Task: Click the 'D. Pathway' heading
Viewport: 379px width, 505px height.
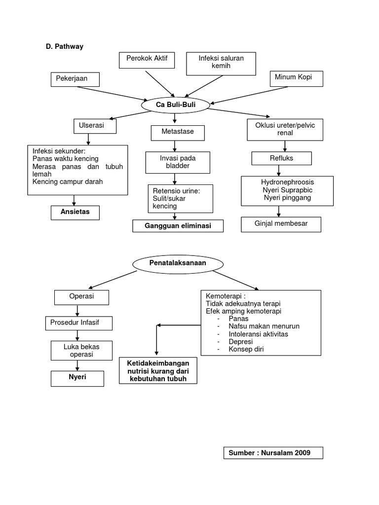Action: point(65,46)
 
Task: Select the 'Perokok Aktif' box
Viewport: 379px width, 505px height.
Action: point(147,60)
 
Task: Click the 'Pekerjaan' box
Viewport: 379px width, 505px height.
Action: point(75,79)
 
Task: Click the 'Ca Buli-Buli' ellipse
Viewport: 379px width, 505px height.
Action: point(175,105)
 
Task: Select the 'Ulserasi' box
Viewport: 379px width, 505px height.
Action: point(95,126)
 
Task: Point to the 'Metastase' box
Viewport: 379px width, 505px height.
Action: point(178,133)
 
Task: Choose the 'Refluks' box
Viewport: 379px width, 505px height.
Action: point(282,158)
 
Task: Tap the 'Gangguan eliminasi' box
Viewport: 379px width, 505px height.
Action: point(178,226)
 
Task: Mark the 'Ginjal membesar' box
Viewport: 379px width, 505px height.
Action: point(281,224)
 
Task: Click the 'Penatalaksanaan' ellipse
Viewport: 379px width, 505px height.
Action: point(177,264)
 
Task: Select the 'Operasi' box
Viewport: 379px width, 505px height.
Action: point(81,297)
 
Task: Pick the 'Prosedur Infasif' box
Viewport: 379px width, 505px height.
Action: point(78,324)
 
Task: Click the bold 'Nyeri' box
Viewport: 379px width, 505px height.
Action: point(77,378)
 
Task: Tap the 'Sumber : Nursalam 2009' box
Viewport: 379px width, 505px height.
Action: point(273,453)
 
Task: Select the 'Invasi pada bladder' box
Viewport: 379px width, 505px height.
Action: point(177,162)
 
